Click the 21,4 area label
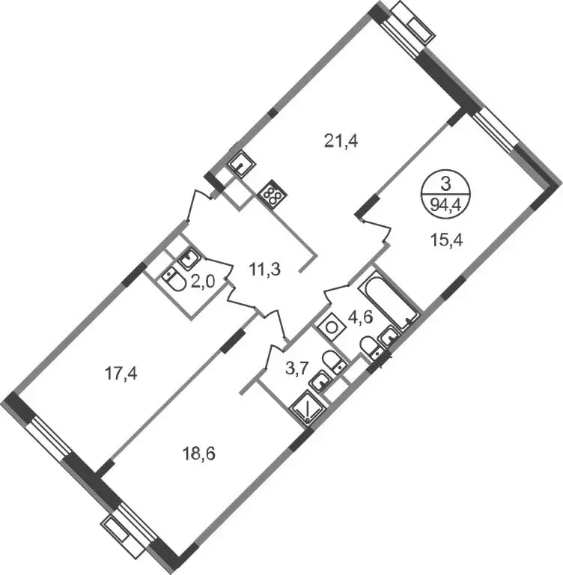[x=341, y=141]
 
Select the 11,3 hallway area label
[x=264, y=270]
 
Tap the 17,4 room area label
[x=121, y=374]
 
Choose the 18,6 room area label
[x=198, y=454]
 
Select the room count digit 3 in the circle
[x=445, y=185]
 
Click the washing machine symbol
[x=331, y=326]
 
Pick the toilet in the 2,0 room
[x=174, y=279]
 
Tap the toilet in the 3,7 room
[x=333, y=361]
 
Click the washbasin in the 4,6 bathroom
[x=390, y=335]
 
